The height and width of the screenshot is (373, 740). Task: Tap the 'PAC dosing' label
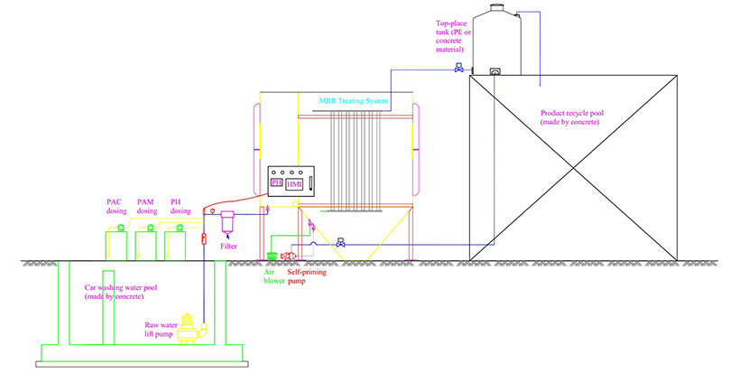click(116, 207)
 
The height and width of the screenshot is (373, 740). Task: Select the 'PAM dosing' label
click(147, 207)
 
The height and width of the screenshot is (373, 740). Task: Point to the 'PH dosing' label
click(180, 207)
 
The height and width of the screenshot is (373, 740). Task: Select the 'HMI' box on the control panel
click(293, 184)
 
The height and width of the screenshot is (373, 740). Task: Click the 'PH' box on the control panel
click(276, 184)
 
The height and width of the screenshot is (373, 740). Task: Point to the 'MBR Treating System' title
click(353, 101)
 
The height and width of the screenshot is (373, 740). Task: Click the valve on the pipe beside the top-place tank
click(459, 69)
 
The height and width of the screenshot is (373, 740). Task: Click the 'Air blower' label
click(273, 275)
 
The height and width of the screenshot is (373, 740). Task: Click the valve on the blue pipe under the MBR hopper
click(340, 243)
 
